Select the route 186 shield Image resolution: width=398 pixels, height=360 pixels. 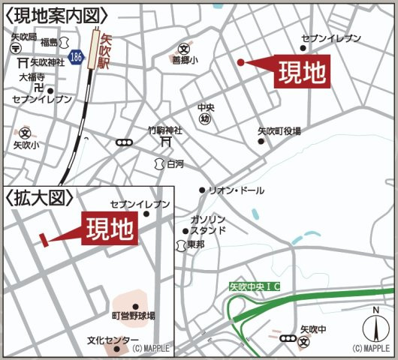pyautogui.click(x=74, y=56)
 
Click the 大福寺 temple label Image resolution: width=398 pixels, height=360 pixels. pyautogui.click(x=32, y=76)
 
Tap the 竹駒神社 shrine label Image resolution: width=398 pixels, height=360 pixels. pyautogui.click(x=165, y=128)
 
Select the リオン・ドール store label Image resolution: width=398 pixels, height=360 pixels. pyautogui.click(x=236, y=190)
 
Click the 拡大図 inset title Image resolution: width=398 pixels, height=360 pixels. pyautogui.click(x=41, y=198)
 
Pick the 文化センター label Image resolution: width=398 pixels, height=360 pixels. pyautogui.click(x=107, y=340)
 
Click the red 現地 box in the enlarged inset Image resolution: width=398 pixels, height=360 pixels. pyautogui.click(x=110, y=227)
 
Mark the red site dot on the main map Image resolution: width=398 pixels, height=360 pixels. pyautogui.click(x=240, y=62)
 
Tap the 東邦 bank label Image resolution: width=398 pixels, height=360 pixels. pyautogui.click(x=196, y=244)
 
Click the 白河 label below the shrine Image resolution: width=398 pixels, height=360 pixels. pyautogui.click(x=174, y=163)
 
